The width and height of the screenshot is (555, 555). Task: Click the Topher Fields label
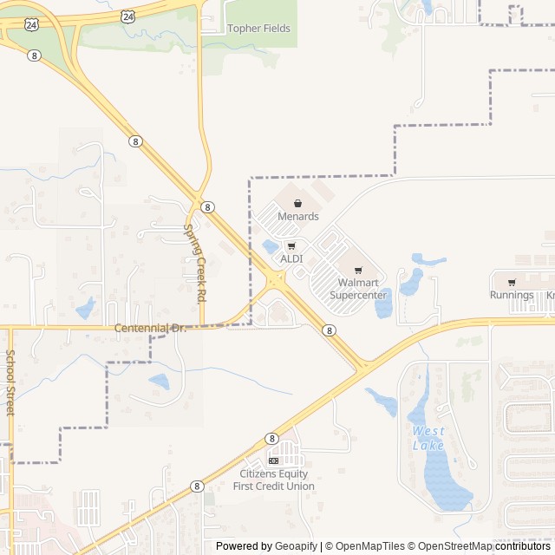[258, 29]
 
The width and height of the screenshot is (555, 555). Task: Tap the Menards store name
[298, 216]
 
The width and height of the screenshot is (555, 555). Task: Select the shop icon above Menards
[298, 203]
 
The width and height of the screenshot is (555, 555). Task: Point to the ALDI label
[291, 259]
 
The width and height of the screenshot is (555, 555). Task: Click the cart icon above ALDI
[291, 246]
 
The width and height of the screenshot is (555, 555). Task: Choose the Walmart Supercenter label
[357, 289]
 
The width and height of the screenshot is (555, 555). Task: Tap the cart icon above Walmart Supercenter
[358, 270]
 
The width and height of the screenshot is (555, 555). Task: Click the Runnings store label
[512, 295]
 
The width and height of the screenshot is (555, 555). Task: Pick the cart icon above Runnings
[512, 282]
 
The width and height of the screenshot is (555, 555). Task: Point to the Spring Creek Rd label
[195, 263]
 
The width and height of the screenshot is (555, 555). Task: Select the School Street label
[10, 382]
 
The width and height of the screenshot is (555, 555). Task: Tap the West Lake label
[428, 438]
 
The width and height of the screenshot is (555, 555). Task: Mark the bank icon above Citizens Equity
[274, 460]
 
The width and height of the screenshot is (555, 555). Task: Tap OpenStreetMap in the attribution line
[451, 546]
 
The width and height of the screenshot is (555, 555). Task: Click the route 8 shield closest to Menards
[208, 207]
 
